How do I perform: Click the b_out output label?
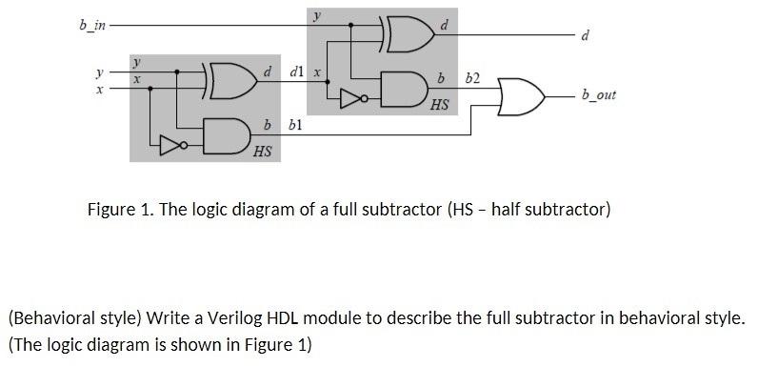pyautogui.click(x=598, y=95)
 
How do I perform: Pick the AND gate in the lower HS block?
pyautogui.click(x=224, y=135)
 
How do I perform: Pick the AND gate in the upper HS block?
pyautogui.click(x=400, y=89)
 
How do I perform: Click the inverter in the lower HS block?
pyautogui.click(x=171, y=145)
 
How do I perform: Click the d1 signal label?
pyautogui.click(x=296, y=72)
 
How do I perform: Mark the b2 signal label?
pyautogui.click(x=473, y=76)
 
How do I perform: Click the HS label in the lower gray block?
pyautogui.click(x=262, y=151)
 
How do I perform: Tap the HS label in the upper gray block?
pyautogui.click(x=439, y=104)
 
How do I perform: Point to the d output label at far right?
pyautogui.click(x=585, y=37)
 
